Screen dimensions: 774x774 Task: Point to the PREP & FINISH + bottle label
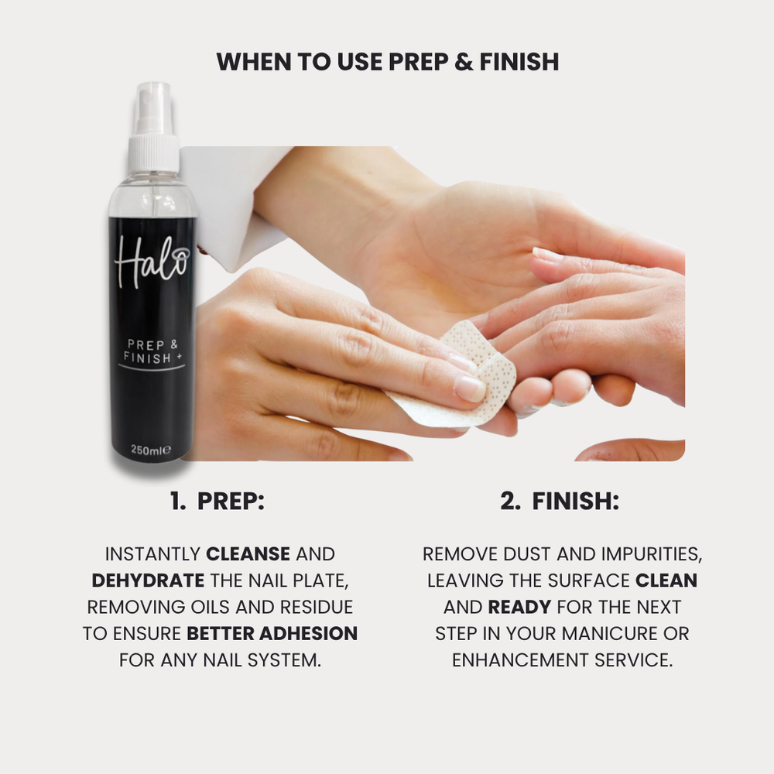(151, 349)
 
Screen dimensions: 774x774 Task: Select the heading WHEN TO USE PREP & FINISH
(387, 62)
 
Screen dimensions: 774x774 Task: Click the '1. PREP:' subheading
(217, 502)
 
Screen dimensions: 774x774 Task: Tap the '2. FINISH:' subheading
(559, 502)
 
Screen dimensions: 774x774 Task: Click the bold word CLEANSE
(248, 554)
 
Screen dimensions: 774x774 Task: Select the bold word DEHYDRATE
(148, 580)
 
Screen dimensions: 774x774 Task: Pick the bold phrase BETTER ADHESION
(272, 634)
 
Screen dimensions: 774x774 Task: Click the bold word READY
(520, 608)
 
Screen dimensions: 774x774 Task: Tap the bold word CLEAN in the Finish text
(666, 580)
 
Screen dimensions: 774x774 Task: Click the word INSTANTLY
(152, 554)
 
